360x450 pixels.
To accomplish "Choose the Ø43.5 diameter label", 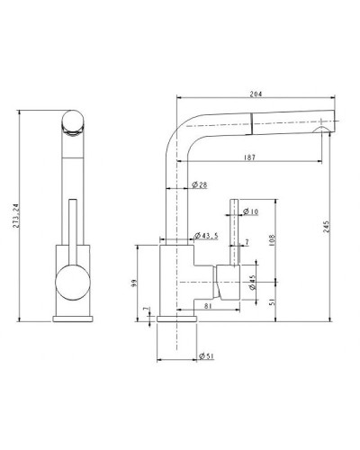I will point(209,237).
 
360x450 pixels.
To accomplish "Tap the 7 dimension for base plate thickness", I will point(145,310).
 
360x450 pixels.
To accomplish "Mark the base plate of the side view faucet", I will point(176,319).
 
